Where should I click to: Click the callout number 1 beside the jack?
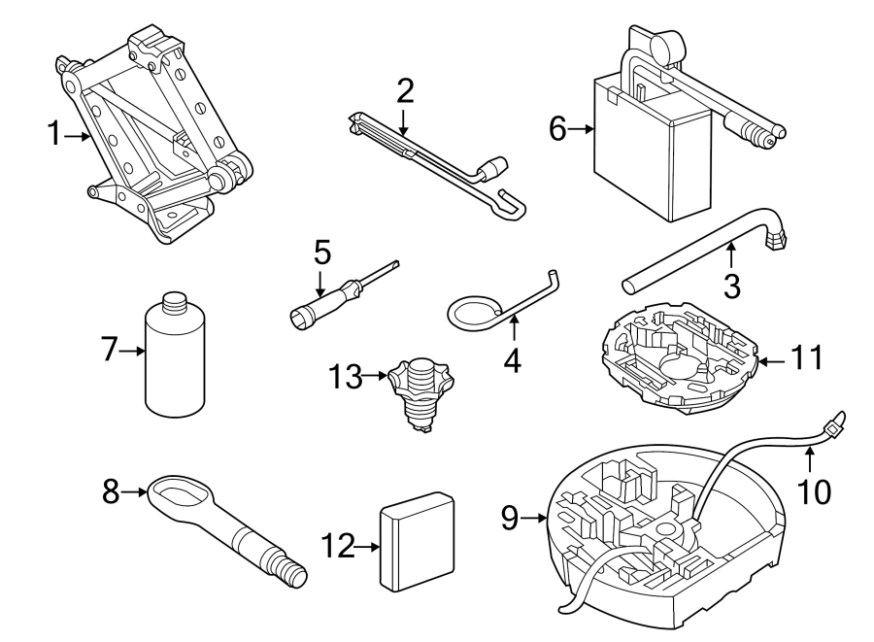54,135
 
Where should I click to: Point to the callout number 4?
511,361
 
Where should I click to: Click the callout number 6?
557,128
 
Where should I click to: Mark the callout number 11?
806,359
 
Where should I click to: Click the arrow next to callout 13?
376,376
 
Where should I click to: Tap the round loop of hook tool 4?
475,312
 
